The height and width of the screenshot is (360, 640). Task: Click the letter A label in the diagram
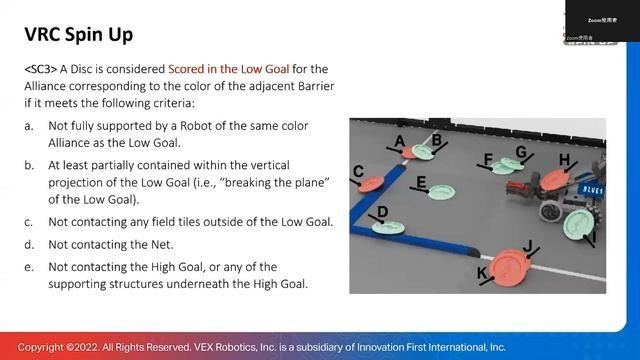point(400,142)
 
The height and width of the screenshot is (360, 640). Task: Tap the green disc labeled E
point(440,191)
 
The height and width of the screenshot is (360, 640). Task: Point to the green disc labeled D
point(388,228)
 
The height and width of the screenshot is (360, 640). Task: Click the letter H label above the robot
point(564,160)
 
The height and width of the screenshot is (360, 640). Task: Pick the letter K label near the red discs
point(482,273)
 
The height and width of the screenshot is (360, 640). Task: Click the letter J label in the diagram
point(529,245)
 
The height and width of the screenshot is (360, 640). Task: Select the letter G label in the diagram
point(521,152)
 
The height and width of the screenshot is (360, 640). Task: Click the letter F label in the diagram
point(488,160)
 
